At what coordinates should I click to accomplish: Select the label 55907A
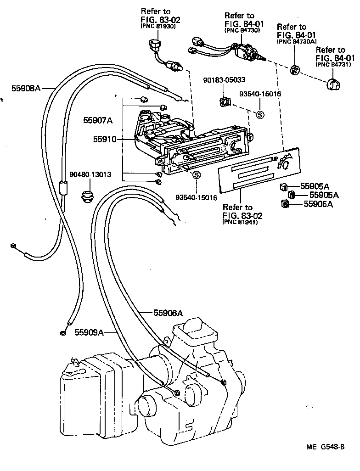pos(98,120)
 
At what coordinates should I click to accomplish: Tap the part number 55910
pos(104,139)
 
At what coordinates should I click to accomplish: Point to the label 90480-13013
pos(90,174)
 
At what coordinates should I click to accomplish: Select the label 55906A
pos(168,313)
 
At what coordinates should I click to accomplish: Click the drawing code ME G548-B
pos(326,447)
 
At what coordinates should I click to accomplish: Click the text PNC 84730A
pos(294,41)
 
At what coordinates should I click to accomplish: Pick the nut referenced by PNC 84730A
pos(295,70)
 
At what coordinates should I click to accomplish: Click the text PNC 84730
pos(242,30)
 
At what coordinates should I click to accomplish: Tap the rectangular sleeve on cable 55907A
pos(63,188)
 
